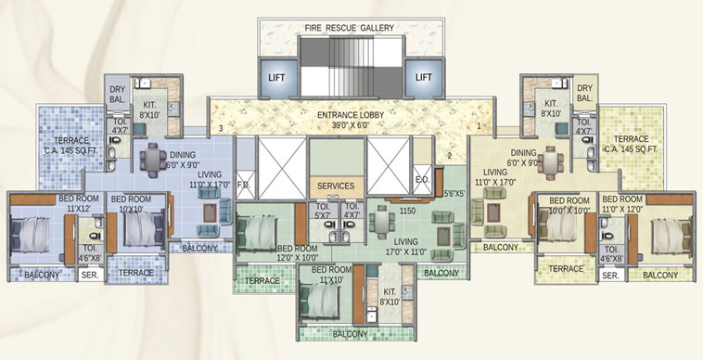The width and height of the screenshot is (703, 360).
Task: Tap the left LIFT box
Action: coord(276,78)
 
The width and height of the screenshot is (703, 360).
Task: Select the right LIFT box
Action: coord(425,78)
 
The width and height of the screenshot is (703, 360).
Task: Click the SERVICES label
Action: coord(336,186)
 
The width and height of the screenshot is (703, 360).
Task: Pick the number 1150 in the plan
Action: coord(406,212)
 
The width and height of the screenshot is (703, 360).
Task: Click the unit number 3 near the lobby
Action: coord(221,128)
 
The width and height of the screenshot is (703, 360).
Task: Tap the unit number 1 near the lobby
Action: coord(479,125)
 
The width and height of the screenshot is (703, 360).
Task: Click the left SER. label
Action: coord(90,276)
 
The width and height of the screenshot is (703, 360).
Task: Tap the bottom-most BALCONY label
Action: coord(350,334)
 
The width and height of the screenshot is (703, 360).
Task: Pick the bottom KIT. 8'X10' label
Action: coord(388,297)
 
